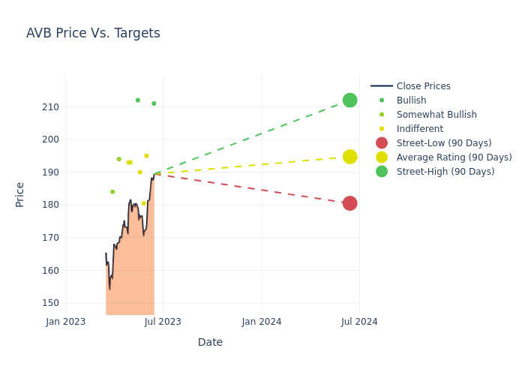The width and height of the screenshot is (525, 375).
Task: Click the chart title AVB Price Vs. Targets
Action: (93, 33)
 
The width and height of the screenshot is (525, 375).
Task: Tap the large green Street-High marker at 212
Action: (349, 100)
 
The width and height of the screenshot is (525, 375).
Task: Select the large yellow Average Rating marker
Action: (349, 157)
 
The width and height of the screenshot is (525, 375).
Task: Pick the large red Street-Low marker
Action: (349, 203)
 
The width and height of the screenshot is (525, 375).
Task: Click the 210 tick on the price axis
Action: (50, 107)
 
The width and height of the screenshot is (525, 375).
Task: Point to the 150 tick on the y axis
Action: (50, 303)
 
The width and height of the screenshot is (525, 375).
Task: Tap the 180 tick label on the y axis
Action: (50, 205)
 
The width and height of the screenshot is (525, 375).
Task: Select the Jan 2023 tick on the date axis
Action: (66, 322)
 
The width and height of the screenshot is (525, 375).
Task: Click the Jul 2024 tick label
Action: (359, 322)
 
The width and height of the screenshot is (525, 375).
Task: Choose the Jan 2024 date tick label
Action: (262, 322)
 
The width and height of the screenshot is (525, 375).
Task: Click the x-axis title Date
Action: (210, 342)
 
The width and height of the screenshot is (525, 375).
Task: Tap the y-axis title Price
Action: (20, 194)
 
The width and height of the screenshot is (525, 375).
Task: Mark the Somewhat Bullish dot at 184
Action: (112, 192)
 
